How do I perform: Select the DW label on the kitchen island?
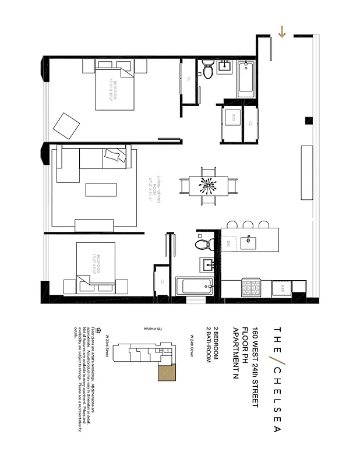point(229,242)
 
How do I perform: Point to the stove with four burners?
point(252,287)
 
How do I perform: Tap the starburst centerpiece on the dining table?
point(208,185)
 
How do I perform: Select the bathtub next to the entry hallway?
point(245,80)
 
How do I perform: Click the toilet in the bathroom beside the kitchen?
point(202,244)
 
